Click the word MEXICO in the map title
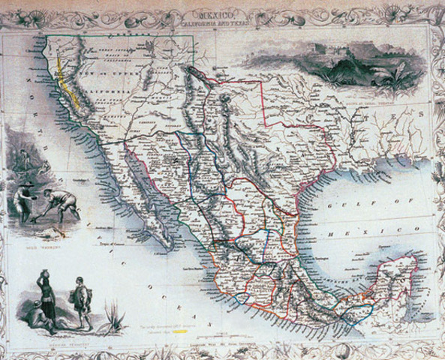[222, 13]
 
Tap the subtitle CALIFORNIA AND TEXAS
[222, 21]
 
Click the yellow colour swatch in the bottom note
[177, 331]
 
